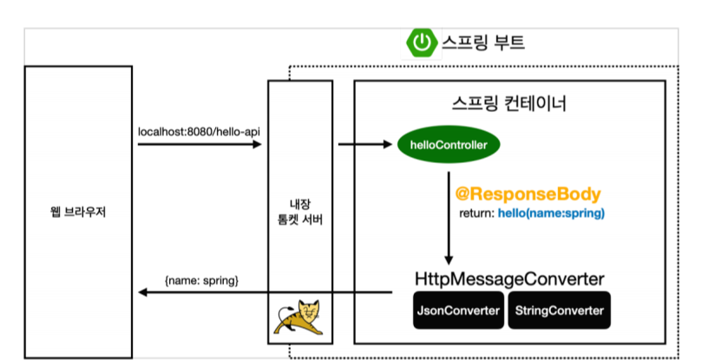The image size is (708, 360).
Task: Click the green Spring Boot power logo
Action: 422,42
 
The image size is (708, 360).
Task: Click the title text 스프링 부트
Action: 483,43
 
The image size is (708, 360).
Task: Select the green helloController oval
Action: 449,144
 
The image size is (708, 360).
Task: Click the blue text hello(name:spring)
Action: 551,213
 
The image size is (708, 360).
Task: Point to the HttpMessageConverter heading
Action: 509,279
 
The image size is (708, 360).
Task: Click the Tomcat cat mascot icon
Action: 300,317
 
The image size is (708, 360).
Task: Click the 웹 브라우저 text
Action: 78,212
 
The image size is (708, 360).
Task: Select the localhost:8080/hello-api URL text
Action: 200,132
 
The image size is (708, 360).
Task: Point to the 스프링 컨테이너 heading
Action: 509,105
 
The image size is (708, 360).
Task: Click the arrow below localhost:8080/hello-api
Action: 200,144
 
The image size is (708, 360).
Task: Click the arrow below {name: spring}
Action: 260,293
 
